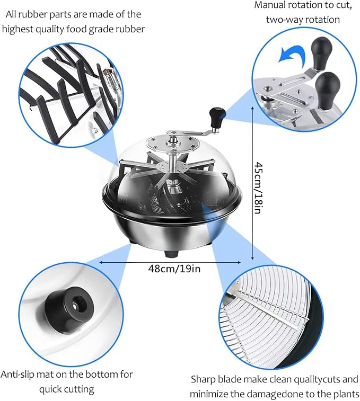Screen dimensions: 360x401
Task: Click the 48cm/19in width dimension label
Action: pyautogui.click(x=174, y=269)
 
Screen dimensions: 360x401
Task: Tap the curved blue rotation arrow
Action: pyautogui.click(x=292, y=54)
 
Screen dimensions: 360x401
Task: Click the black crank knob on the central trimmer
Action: pyautogui.click(x=217, y=117)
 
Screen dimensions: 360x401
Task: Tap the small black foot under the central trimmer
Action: pyautogui.click(x=171, y=254)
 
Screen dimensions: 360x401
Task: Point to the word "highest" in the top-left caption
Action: pyautogui.click(x=17, y=29)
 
